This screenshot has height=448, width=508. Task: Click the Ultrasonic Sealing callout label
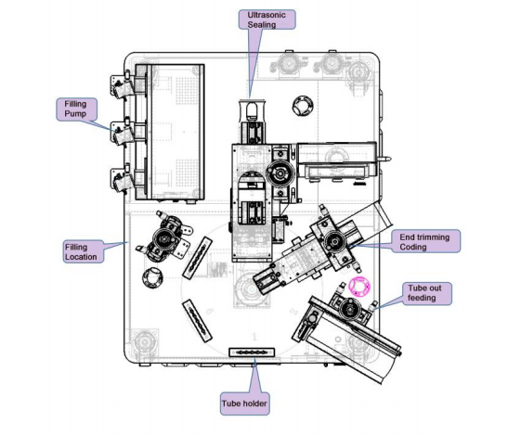pos(267,19)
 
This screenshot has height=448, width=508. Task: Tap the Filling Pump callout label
pos(76,109)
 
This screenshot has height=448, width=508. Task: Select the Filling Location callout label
pos(84,251)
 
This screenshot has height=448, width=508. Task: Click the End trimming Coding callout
pos(425,241)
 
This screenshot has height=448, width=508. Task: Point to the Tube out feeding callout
pos(427,293)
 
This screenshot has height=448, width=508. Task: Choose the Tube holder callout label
pos(244,403)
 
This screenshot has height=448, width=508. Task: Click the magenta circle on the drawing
pos(359,286)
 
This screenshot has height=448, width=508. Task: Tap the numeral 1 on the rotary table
pos(254,337)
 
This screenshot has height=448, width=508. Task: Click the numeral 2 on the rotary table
pos(293,313)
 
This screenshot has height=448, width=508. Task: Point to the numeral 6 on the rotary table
pos(210,312)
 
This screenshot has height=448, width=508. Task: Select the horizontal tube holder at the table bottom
pos(252,352)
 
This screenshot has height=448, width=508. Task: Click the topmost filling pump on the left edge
pos(123,85)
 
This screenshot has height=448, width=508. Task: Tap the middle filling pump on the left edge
pos(123,134)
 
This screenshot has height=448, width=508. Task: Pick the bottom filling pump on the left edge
pos(123,180)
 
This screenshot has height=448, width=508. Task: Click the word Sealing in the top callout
pos(262,25)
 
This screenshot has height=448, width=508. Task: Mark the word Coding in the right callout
pos(412,247)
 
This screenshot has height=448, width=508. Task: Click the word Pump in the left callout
pos(75,114)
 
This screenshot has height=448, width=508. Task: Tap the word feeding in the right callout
pos(422,298)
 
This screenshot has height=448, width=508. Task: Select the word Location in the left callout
pos(81,257)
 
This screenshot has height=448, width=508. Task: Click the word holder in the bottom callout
pos(254,403)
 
